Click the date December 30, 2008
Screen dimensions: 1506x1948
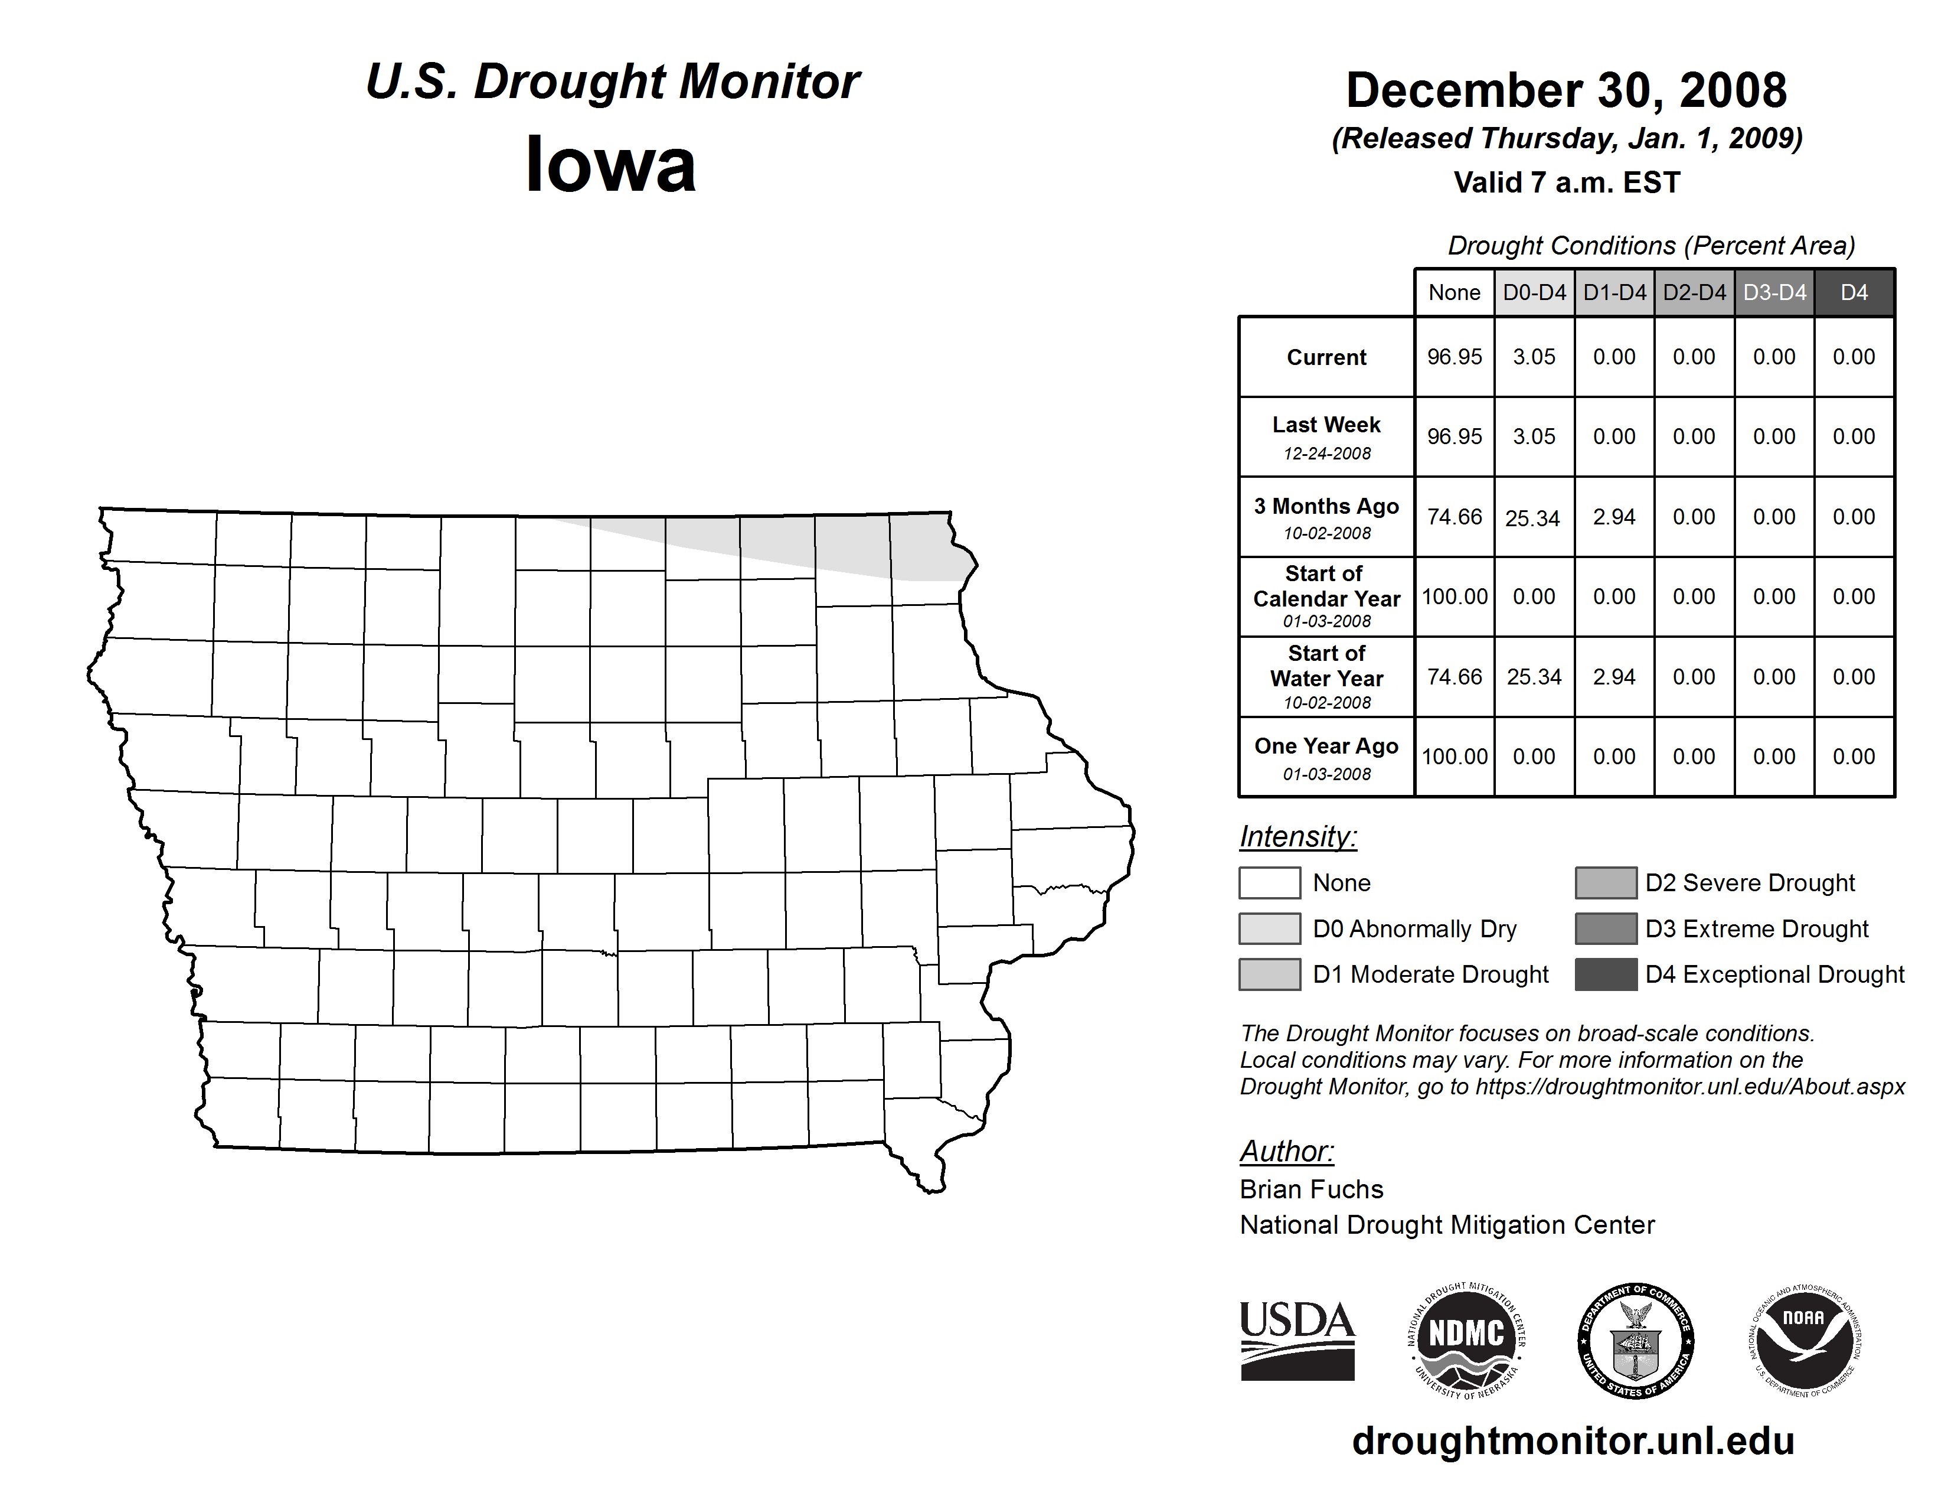click(1566, 91)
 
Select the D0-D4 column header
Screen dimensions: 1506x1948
click(1534, 292)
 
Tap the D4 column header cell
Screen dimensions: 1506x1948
click(1854, 292)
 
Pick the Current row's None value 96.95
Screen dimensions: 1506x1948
click(1454, 357)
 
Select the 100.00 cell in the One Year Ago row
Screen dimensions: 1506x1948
click(1454, 757)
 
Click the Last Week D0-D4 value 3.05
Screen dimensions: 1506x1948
click(1534, 437)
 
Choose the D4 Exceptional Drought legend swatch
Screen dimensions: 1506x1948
click(1606, 974)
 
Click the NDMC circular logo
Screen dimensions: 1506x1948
click(1466, 1341)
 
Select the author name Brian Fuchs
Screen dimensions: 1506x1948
click(1311, 1189)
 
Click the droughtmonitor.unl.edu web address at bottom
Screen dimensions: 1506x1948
click(1573, 1441)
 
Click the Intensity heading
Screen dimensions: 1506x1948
click(1297, 837)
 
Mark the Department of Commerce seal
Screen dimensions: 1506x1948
click(1636, 1341)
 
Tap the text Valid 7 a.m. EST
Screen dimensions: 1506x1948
click(1566, 183)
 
